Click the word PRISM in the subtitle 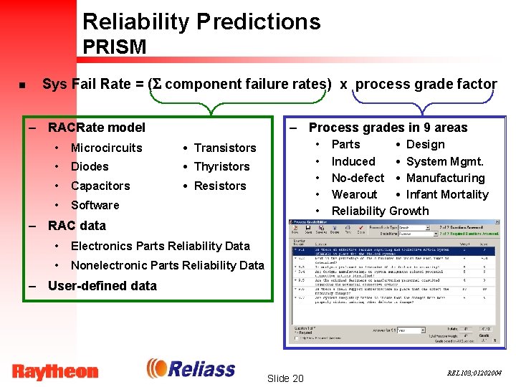(114, 47)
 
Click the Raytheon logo (55, 371)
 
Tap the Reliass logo (191, 369)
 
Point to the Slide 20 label (285, 378)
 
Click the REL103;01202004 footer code (474, 373)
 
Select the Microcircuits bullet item (106, 148)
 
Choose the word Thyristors (221, 166)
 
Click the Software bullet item (95, 205)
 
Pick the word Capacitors (100, 186)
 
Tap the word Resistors (220, 186)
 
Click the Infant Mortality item (446, 194)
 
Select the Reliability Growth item (380, 211)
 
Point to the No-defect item (358, 178)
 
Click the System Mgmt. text (444, 161)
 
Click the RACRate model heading (96, 128)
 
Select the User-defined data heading (102, 285)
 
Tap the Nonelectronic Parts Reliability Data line (167, 265)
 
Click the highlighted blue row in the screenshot (394, 251)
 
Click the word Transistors (224, 148)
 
